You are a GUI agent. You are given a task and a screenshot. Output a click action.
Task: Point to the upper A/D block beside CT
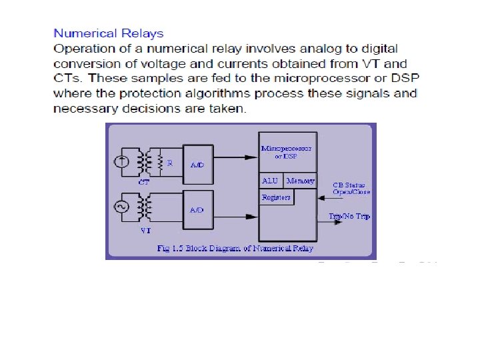197,163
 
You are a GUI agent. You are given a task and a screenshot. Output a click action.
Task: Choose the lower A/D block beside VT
197,209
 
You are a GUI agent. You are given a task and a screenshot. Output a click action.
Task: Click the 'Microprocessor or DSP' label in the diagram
286,151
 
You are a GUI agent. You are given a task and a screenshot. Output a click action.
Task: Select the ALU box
270,181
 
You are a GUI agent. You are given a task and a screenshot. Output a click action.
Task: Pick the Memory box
299,181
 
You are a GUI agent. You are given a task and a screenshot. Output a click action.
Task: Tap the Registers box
275,197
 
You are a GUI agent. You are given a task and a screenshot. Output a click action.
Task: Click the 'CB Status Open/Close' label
351,189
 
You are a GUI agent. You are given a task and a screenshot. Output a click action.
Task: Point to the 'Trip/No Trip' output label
350,217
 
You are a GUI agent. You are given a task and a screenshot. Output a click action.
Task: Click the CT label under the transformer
144,181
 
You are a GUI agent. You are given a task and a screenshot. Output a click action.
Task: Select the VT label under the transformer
145,230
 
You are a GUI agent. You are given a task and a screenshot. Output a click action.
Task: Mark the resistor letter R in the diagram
170,163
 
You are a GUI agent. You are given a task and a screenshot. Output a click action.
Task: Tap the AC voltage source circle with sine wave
122,206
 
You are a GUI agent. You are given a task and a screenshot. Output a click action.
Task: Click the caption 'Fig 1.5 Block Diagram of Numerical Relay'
235,249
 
